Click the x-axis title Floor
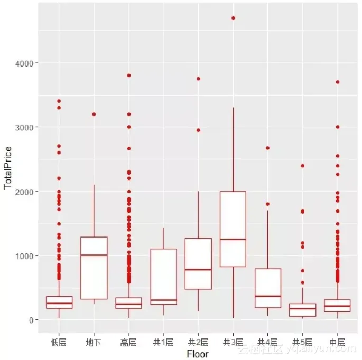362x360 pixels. pyautogui.click(x=198, y=354)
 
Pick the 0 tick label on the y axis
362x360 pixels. pyautogui.click(x=32, y=320)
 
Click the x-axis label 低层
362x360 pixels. pyautogui.click(x=59, y=342)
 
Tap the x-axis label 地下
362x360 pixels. pyautogui.click(x=94, y=342)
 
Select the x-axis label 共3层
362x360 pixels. pyautogui.click(x=233, y=342)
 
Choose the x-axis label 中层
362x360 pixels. pyautogui.click(x=337, y=342)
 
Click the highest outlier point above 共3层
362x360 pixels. pyautogui.click(x=233, y=18)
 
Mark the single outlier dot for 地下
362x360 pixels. pyautogui.click(x=94, y=114)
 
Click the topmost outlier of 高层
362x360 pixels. pyautogui.click(x=129, y=75)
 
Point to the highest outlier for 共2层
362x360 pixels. pyautogui.click(x=198, y=79)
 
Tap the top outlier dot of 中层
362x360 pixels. pyautogui.click(x=337, y=82)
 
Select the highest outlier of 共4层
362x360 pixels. pyautogui.click(x=267, y=148)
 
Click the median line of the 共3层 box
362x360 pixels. pyautogui.click(x=233, y=239)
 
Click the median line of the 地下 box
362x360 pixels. pyautogui.click(x=94, y=255)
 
